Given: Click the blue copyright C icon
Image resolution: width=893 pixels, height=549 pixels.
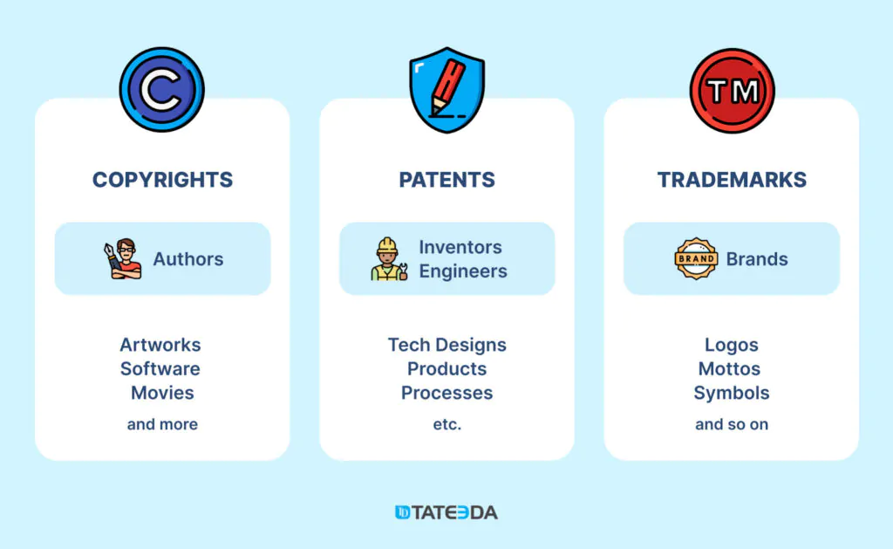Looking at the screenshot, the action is click(x=161, y=90).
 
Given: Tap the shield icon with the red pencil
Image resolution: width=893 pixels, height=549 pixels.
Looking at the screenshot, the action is click(x=447, y=90).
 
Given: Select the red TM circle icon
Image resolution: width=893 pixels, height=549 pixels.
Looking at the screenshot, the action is click(x=732, y=91).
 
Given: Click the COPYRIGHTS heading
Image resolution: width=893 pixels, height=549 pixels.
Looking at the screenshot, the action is click(x=162, y=180).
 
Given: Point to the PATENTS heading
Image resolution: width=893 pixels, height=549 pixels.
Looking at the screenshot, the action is click(x=447, y=180).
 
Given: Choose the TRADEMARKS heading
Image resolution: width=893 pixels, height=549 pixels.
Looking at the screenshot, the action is click(x=732, y=180).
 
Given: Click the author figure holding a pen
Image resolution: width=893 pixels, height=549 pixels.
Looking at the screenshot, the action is click(x=122, y=259).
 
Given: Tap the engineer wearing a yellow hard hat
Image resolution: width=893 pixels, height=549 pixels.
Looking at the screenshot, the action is click(x=389, y=259).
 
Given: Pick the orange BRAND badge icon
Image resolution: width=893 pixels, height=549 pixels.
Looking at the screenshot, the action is click(x=695, y=259).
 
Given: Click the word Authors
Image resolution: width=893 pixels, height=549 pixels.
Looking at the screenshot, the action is click(x=188, y=259).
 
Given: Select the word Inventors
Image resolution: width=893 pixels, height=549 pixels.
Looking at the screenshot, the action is click(x=460, y=247).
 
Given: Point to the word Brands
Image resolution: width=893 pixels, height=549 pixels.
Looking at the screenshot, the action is click(x=757, y=259).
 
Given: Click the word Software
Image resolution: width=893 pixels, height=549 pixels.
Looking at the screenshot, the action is click(x=160, y=369).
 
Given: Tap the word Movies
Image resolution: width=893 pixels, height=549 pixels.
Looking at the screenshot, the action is click(x=162, y=393).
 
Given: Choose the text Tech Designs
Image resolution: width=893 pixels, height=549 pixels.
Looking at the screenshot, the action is click(x=447, y=345).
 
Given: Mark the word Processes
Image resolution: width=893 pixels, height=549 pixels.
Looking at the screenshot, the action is click(x=447, y=393).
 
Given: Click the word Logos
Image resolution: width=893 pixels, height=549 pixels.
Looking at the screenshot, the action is click(x=732, y=345).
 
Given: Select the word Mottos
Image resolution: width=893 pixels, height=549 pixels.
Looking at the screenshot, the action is click(x=730, y=369).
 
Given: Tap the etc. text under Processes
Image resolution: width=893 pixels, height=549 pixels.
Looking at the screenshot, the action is click(x=447, y=424).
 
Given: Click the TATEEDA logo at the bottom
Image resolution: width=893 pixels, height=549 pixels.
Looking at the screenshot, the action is click(x=446, y=512).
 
